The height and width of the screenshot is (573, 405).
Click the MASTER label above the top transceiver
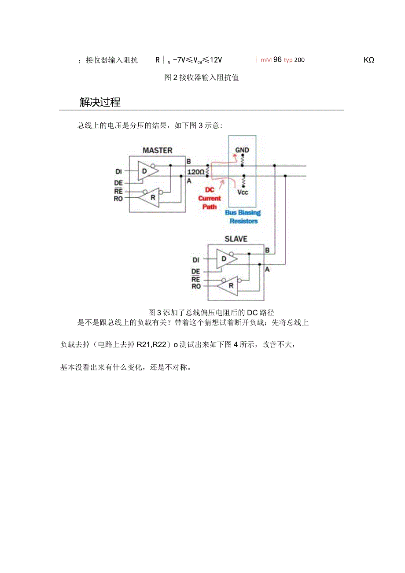coord(157,151)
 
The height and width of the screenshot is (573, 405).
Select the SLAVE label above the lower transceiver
coord(236,239)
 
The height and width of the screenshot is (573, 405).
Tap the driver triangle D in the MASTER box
coord(144,170)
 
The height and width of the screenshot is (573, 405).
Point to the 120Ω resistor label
coord(196,172)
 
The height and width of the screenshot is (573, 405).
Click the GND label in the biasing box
coord(242,150)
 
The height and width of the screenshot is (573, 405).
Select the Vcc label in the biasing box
coord(243,192)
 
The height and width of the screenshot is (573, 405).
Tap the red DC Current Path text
coord(210,198)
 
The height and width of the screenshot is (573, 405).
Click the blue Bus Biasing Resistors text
coord(243,217)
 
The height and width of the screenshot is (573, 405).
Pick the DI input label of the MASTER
coord(118,171)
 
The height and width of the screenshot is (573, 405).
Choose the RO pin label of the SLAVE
coord(196,286)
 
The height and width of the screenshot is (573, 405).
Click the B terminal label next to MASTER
coord(188,161)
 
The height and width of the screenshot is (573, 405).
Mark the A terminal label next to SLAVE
coord(267,269)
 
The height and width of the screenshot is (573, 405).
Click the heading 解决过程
coord(100,102)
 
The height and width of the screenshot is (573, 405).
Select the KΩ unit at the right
coord(368,60)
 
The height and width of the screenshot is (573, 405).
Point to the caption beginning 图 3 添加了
coord(211,313)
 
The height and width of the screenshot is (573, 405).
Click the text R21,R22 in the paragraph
coord(151,345)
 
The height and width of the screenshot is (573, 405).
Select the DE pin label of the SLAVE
coord(195,271)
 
